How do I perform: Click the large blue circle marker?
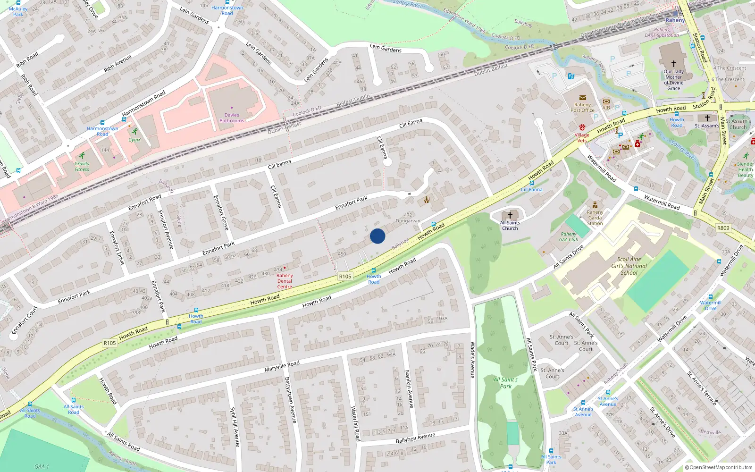click(x=377, y=236)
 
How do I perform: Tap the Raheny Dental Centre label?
click(x=285, y=281)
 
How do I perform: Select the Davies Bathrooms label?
click(x=232, y=118)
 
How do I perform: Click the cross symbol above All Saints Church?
click(x=510, y=215)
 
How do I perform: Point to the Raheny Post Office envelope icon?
click(x=582, y=98)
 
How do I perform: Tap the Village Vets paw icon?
click(x=582, y=127)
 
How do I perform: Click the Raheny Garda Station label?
click(x=595, y=218)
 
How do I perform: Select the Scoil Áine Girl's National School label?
click(x=629, y=266)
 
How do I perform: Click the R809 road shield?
click(x=723, y=228)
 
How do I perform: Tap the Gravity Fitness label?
click(x=82, y=166)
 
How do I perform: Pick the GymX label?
click(x=134, y=140)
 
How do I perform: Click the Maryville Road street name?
click(x=282, y=366)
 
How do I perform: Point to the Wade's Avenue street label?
click(x=472, y=360)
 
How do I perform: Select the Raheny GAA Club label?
click(x=569, y=236)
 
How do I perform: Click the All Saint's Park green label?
click(x=505, y=383)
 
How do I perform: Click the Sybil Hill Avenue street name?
click(x=235, y=427)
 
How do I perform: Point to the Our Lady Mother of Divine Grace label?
click(x=673, y=80)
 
